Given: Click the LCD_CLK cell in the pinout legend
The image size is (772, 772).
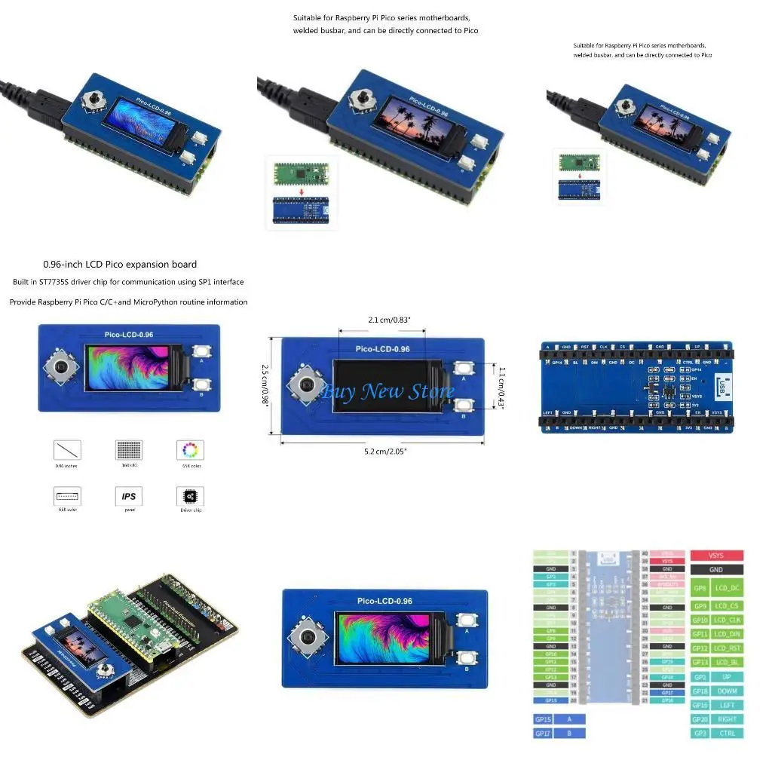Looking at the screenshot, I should click(x=728, y=620).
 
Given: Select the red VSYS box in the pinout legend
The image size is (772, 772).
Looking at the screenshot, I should click(x=716, y=556).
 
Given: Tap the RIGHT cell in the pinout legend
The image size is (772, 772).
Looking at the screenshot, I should click(x=728, y=719).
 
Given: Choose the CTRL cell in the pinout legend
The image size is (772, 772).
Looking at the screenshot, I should click(x=728, y=734).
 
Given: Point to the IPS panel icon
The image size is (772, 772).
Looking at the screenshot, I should click(x=128, y=496).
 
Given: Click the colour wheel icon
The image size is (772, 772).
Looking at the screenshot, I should click(x=189, y=451).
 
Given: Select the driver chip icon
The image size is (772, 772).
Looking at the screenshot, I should click(x=189, y=496).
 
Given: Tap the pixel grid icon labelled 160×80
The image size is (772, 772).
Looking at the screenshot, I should click(x=128, y=450).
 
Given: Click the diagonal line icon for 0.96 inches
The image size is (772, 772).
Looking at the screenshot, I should click(x=68, y=451).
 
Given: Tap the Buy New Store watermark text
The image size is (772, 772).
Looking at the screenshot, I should click(x=388, y=391).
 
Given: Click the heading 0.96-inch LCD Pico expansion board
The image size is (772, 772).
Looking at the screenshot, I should click(x=120, y=265).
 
